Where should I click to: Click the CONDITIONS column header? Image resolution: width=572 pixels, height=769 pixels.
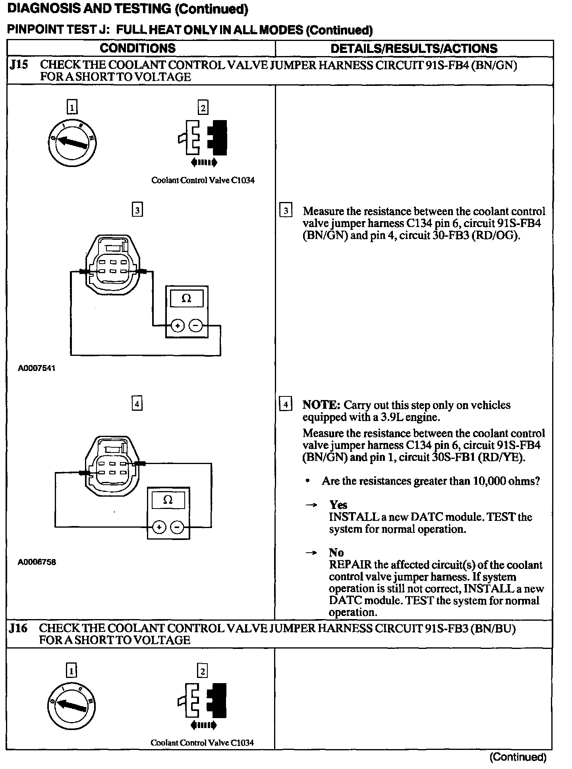pyautogui.click(x=137, y=48)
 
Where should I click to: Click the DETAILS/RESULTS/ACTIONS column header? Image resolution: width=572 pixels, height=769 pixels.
pyautogui.click(x=414, y=49)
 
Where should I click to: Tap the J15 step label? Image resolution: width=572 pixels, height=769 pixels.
pyautogui.click(x=19, y=65)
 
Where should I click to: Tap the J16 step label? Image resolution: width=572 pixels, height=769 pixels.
pyautogui.click(x=19, y=628)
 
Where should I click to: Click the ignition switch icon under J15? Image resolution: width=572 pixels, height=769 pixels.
pyautogui.click(x=72, y=142)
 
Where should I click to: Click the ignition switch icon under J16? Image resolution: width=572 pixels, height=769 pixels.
pyautogui.click(x=71, y=705)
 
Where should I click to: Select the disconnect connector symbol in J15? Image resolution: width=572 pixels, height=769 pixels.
pyautogui.click(x=203, y=139)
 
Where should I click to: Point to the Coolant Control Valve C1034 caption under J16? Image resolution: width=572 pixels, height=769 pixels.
pyautogui.click(x=202, y=742)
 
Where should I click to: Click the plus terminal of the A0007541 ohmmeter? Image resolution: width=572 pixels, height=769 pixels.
pyautogui.click(x=178, y=326)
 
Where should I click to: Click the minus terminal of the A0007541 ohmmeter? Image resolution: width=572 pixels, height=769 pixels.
pyautogui.click(x=195, y=326)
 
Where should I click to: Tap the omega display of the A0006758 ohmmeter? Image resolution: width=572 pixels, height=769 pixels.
pyautogui.click(x=168, y=500)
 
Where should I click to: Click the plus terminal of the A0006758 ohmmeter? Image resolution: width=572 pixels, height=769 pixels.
pyautogui.click(x=159, y=527)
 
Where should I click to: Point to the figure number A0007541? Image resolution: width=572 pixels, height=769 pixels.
pyautogui.click(x=37, y=368)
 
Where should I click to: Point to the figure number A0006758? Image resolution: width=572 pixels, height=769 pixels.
pyautogui.click(x=37, y=562)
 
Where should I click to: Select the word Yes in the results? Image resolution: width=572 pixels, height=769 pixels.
pyautogui.click(x=338, y=505)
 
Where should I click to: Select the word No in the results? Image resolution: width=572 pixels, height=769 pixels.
pyautogui.click(x=336, y=552)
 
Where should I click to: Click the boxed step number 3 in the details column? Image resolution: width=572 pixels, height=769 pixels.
pyautogui.click(x=286, y=210)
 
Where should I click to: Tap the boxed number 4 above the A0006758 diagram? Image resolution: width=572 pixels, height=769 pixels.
pyautogui.click(x=137, y=404)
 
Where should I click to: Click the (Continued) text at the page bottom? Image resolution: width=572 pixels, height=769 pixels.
pyautogui.click(x=518, y=757)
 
